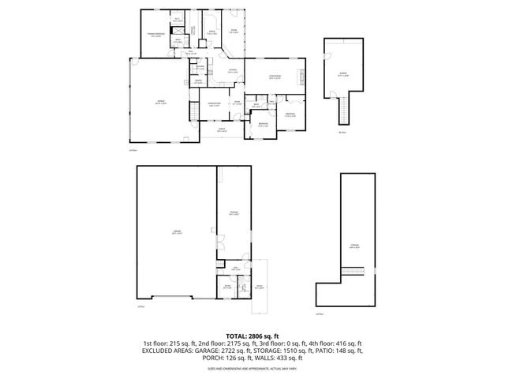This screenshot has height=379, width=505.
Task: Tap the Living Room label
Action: point(274,77)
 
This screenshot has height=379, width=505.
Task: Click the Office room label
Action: point(211,33)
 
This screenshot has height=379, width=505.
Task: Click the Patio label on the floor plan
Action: point(259,287)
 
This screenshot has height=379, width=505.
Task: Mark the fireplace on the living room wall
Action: point(300,77)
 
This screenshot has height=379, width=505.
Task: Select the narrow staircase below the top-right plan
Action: point(343,109)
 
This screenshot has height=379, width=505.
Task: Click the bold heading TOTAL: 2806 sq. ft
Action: point(252,336)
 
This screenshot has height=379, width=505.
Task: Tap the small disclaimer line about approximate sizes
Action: point(252,368)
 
